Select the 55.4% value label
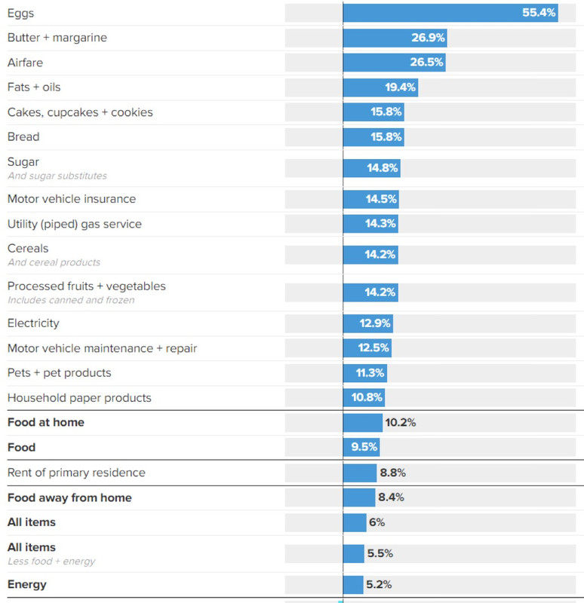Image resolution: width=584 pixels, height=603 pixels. [539, 13]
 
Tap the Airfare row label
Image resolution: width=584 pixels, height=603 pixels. [25, 63]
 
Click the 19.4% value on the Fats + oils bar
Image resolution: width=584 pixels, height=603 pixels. [400, 87]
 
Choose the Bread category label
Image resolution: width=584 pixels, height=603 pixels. [23, 136]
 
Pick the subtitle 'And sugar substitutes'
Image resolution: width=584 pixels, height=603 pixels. [57, 176]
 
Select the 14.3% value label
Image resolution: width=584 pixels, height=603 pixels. [380, 224]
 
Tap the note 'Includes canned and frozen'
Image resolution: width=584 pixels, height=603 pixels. [71, 300]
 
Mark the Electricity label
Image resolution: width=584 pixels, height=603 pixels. [33, 323]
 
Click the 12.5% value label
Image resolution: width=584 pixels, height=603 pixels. [374, 348]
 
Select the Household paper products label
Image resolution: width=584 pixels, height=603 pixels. [79, 398]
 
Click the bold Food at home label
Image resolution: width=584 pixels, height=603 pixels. [46, 422]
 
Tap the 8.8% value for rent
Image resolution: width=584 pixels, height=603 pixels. [392, 473]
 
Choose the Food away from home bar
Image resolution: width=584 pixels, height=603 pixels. [359, 497]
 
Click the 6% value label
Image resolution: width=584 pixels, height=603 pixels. [377, 522]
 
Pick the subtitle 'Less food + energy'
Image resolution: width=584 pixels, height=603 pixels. [51, 562]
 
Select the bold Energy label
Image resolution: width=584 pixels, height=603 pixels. [27, 584]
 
